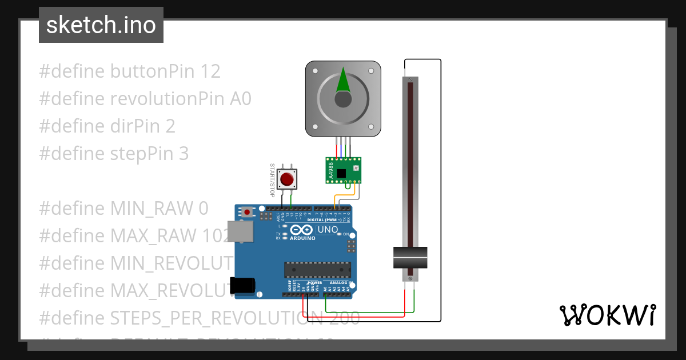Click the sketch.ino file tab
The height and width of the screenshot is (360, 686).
101,25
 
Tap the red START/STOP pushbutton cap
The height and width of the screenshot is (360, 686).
287,179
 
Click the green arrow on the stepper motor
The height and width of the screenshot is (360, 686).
343,80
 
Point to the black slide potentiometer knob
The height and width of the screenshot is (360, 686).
410,257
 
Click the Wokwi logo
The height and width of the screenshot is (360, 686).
607,315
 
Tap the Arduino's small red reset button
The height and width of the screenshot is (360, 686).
247,212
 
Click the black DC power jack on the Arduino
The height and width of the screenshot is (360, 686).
242,286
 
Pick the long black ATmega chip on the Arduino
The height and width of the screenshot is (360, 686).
318,269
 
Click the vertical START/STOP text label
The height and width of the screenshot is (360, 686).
272,180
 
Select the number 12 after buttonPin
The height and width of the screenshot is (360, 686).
210,71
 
